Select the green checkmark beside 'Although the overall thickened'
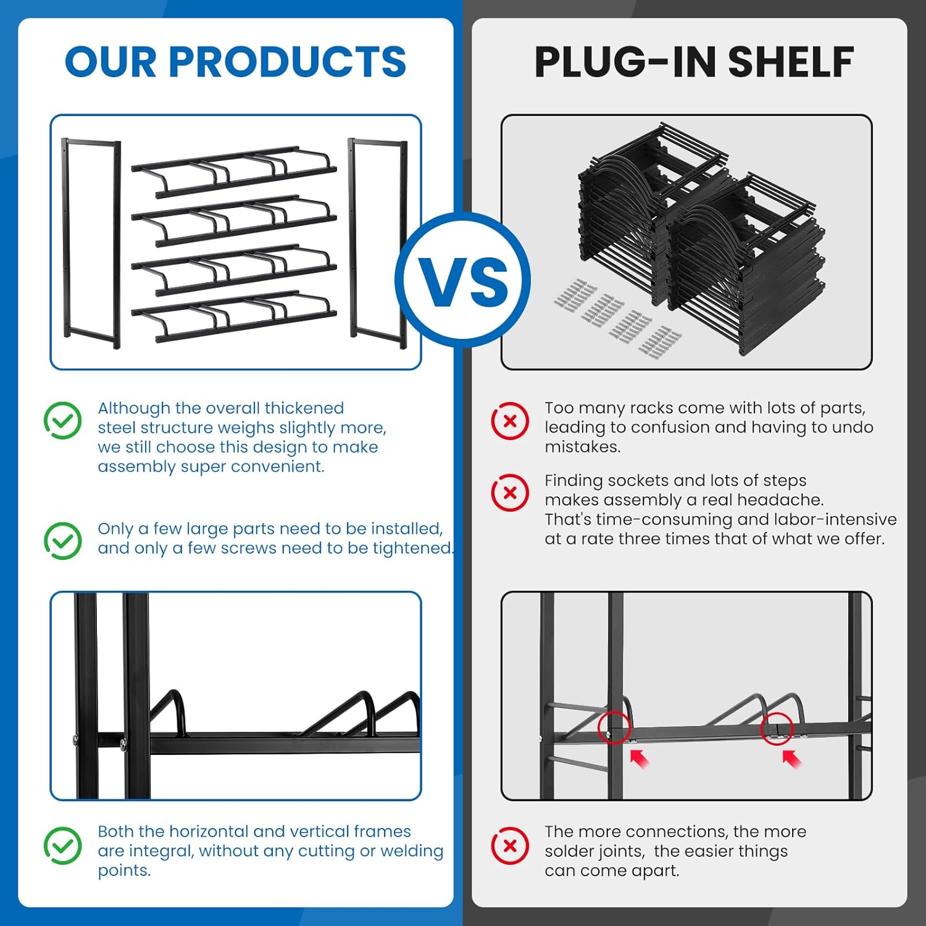pos(63,420)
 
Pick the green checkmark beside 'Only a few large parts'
pos(63,541)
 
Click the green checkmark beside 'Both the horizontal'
pos(63,845)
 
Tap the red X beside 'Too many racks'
pos(510,421)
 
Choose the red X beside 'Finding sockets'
pos(510,493)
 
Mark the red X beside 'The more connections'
pos(510,845)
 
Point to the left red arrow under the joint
pos(640,758)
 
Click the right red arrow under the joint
pos(792,758)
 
